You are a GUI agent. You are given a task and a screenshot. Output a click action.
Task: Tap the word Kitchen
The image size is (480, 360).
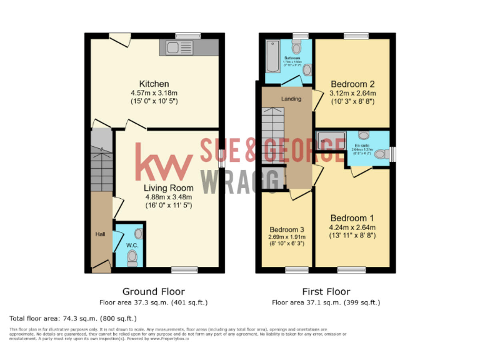154,84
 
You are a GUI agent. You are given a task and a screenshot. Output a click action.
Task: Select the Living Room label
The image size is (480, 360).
169,187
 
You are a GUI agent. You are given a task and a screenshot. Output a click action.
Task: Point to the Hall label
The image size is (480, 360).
100,234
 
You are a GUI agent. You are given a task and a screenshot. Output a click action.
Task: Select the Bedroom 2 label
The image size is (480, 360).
352,84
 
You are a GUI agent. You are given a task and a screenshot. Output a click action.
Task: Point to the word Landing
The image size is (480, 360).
291,99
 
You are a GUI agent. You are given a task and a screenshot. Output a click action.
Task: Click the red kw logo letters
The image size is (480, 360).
164,162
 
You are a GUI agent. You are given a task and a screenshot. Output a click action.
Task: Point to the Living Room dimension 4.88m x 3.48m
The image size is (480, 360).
169,196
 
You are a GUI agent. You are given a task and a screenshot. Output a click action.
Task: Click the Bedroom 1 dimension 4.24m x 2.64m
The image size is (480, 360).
352,227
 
